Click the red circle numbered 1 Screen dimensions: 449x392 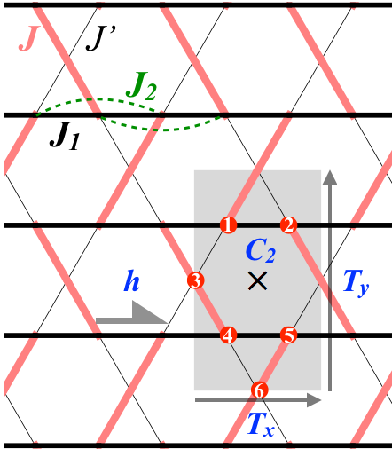click(228, 225)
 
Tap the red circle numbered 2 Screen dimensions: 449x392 click(288, 225)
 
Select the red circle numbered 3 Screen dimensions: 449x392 click(196, 280)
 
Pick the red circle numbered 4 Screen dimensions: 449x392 click(228, 335)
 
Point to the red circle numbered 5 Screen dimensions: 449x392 click(288, 335)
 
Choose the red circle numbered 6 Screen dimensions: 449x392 click(259, 390)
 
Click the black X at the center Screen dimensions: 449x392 click(257, 281)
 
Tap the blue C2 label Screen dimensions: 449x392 click(260, 252)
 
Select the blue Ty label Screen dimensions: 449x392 click(356, 284)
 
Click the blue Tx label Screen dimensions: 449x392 click(261, 424)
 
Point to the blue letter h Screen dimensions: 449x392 click(131, 281)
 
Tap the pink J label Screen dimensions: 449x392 click(27, 38)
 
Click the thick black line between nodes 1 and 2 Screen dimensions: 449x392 click(258, 225)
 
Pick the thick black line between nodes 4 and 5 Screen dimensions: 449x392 click(258, 335)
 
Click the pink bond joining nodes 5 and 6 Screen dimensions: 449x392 click(273, 363)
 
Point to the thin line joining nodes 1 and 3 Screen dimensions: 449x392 click(212, 253)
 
